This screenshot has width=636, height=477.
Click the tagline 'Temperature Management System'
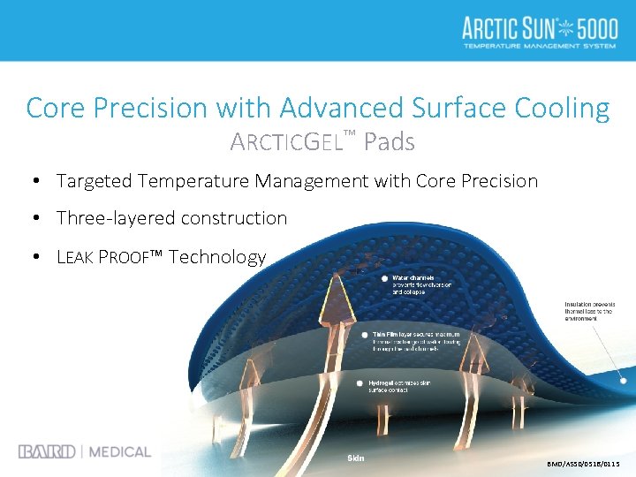point(539,46)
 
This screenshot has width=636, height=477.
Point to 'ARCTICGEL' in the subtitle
point(284,141)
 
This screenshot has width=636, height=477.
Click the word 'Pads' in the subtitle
point(389,141)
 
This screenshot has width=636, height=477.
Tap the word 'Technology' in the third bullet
point(217,257)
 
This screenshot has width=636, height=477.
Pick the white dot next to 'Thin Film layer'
point(365,336)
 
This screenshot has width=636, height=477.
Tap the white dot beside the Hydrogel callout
point(360,384)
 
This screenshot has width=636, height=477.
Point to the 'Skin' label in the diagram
point(355,458)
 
